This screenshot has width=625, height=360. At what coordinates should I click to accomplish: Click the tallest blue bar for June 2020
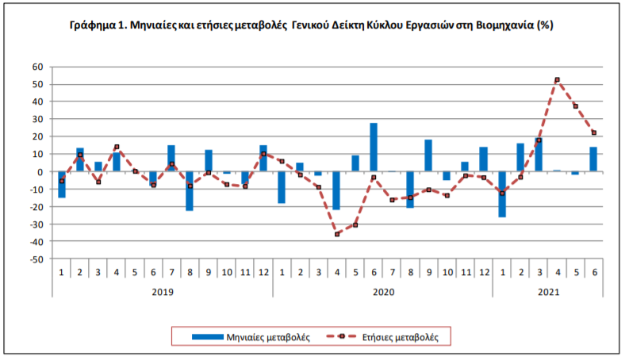374,147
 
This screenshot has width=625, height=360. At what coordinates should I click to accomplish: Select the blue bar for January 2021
502,194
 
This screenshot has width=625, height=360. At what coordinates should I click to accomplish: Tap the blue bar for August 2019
190,191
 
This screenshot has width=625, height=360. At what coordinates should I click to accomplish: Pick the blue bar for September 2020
428,155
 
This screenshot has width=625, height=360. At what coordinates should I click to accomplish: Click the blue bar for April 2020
337,190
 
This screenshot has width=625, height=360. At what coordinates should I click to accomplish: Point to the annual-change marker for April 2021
558,80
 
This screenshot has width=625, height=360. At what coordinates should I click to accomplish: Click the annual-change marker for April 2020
337,235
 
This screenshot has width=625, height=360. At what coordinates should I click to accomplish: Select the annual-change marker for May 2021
576,106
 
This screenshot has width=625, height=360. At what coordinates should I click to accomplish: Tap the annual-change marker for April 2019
117,147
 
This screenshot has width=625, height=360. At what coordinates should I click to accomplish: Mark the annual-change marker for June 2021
594,132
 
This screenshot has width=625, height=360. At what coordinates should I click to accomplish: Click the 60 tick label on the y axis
37,67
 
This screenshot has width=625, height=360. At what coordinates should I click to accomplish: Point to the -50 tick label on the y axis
36,259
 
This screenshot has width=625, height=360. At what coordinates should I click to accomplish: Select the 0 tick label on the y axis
40,172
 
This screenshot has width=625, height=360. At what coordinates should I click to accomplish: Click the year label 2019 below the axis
163,293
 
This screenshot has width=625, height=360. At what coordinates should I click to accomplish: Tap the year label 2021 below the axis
549,293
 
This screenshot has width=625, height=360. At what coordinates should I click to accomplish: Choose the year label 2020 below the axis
383,293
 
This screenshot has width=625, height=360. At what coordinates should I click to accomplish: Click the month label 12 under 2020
485,272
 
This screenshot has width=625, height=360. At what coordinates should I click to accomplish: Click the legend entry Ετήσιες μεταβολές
382,337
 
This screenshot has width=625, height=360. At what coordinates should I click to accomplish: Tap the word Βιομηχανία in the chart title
505,25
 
